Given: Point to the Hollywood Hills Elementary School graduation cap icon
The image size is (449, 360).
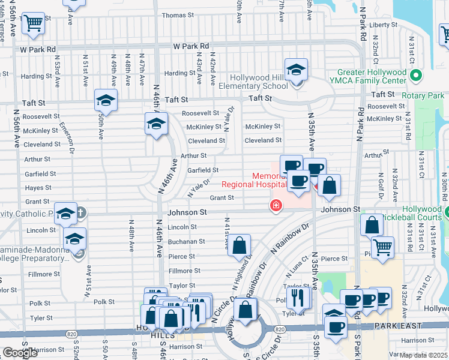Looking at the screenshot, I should [x=296, y=70].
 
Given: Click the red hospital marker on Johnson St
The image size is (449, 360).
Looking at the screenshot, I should [x=276, y=206].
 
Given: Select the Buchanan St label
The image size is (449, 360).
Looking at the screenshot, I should [x=186, y=242].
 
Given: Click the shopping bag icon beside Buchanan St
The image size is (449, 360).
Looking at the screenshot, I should [x=239, y=245].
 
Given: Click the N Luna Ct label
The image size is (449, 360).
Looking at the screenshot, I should [x=297, y=270].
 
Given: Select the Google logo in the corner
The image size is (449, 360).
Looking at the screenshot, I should [x=20, y=353].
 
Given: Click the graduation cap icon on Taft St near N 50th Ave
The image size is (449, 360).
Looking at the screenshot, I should [x=106, y=100].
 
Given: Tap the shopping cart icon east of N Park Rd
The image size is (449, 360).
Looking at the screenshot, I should [x=382, y=247].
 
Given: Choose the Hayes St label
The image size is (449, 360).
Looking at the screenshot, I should [x=38, y=188].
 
